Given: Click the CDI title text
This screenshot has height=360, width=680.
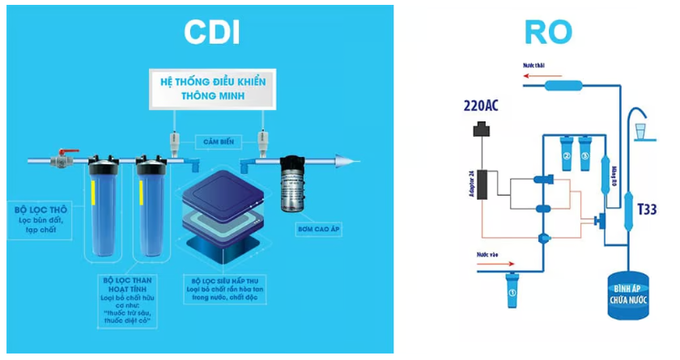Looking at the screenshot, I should [212, 32].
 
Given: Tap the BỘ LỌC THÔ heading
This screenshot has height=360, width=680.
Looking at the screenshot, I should [40, 209].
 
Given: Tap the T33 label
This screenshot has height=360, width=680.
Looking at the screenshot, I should [646, 209].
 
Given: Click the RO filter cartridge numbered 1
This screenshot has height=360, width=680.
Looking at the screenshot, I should [511, 290].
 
